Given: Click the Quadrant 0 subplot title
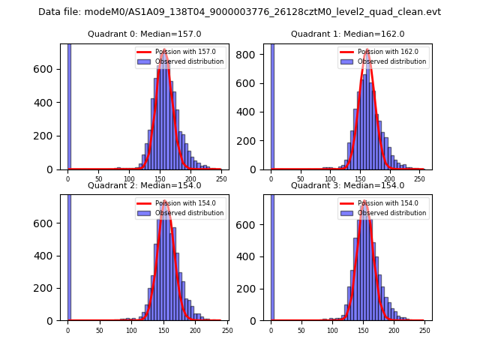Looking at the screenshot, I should (x=144, y=34).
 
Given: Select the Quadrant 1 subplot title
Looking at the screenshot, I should (x=347, y=34).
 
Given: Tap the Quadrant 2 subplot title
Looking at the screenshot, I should (x=144, y=185).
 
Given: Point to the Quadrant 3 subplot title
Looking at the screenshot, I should (x=347, y=185).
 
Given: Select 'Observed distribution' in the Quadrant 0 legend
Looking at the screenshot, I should (x=190, y=61).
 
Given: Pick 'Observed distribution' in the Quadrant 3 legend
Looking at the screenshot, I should (x=392, y=213).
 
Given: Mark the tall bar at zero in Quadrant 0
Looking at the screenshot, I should (x=69, y=105).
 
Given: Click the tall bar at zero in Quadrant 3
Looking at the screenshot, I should (x=272, y=255).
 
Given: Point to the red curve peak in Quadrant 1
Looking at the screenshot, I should (x=367, y=50).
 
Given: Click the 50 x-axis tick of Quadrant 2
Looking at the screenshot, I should (x=100, y=330).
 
